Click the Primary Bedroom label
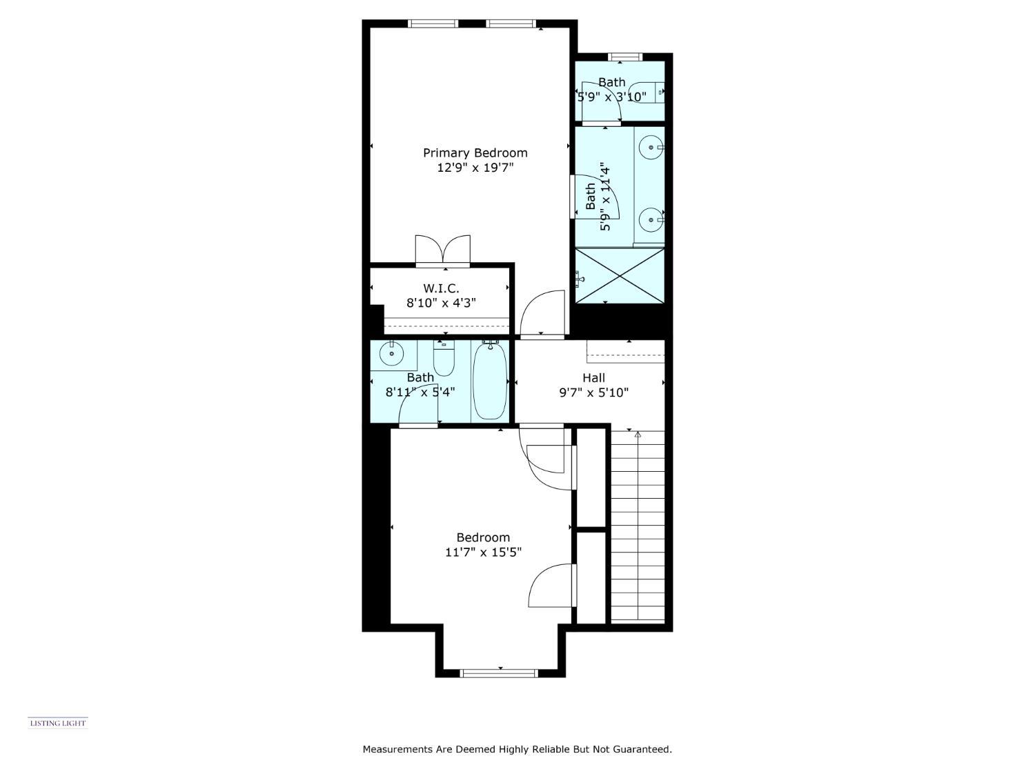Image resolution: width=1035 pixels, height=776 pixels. (x=475, y=153)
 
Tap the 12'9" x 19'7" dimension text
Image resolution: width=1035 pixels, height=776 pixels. (x=475, y=167)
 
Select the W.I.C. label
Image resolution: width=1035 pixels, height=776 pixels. (x=441, y=288)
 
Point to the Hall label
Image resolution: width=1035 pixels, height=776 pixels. (x=593, y=378)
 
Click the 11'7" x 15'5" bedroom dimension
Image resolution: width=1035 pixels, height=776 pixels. (x=483, y=553)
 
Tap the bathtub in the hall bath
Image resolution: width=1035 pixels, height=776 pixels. (x=490, y=381)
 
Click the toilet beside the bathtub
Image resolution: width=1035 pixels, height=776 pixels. (x=444, y=358)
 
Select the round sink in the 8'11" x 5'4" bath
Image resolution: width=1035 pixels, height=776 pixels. (x=391, y=353)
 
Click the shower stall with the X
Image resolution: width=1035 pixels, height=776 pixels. (x=620, y=276)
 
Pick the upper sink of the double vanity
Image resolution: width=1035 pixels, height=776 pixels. (x=651, y=148)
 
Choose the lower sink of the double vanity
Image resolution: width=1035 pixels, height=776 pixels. (x=651, y=220)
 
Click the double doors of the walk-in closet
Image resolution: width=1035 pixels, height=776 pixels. (x=443, y=250)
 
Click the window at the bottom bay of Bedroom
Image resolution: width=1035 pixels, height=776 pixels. (x=499, y=673)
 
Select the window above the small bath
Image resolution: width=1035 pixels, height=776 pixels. (x=624, y=57)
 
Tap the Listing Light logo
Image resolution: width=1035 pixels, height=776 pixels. (x=58, y=723)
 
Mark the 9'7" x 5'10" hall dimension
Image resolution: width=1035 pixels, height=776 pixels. (x=593, y=392)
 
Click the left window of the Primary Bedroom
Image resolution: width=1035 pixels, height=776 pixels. (x=433, y=23)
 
